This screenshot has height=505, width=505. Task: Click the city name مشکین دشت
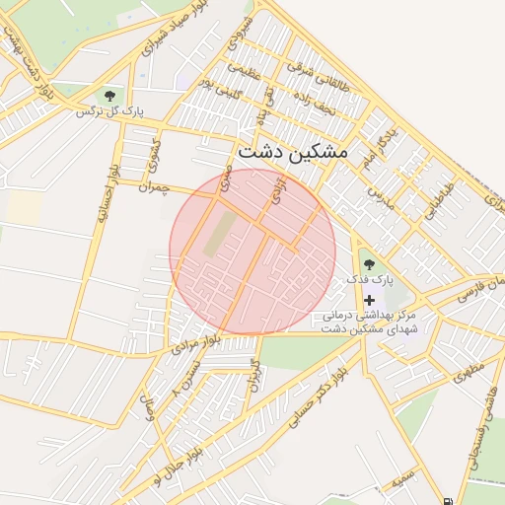click(293, 155)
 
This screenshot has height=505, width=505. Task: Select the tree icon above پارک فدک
click(369, 264)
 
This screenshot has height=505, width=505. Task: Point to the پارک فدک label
click(369, 281)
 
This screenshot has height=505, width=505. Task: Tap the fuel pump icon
click(450, 500)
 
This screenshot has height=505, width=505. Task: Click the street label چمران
click(155, 186)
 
